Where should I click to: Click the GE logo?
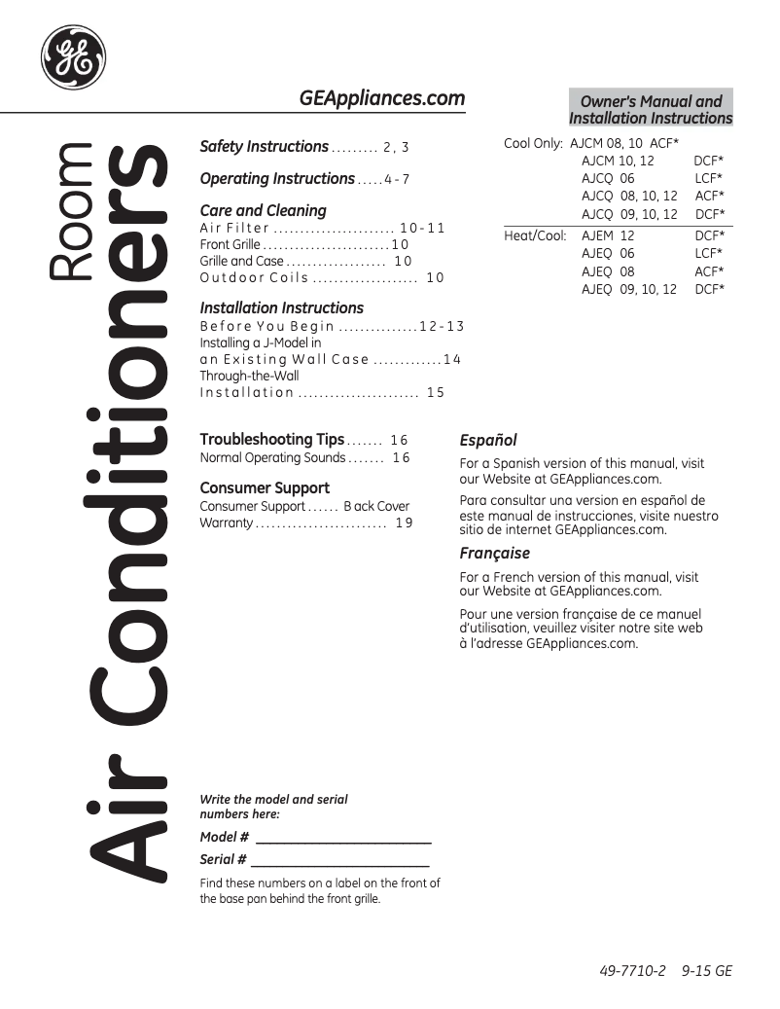(x=73, y=56)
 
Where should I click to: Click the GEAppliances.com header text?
(x=381, y=98)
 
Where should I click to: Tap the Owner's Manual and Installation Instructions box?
(x=651, y=109)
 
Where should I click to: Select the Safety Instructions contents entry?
(x=264, y=147)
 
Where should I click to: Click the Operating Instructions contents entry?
(x=277, y=179)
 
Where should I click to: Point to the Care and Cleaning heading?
(x=263, y=210)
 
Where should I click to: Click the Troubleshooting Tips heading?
(x=271, y=440)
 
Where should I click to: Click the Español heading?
(x=487, y=441)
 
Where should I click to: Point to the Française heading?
(x=494, y=554)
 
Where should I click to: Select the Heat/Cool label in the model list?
(x=535, y=236)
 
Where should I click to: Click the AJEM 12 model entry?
(x=608, y=236)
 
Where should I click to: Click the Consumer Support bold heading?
(x=265, y=488)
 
